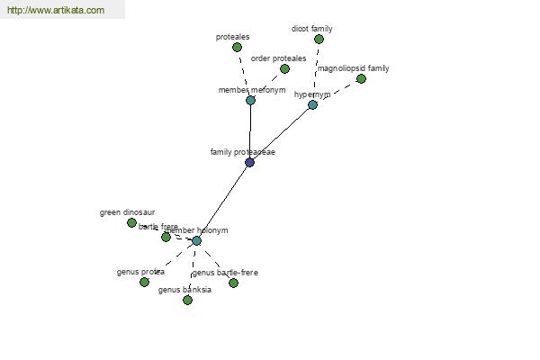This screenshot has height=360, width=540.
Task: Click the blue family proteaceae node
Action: pos(249,162)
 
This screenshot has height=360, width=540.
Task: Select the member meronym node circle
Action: pos(250,100)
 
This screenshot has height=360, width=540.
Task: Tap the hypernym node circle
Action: pos(312,105)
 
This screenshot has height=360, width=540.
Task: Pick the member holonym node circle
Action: pos(196,240)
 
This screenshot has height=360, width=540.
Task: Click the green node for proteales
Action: pos(237,47)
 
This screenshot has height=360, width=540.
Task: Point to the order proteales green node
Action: pos(284,68)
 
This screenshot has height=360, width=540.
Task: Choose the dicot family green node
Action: pos(319,39)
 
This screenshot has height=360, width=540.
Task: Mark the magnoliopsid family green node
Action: pos(361,78)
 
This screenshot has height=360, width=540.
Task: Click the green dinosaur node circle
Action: pos(131,222)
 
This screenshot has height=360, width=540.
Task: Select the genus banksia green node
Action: pos(187,300)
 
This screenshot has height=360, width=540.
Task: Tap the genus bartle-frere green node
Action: pos(233,283)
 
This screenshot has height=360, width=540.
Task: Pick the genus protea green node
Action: pos(144,282)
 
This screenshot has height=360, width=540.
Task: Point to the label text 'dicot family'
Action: pos(311,29)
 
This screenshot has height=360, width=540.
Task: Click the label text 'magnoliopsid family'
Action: pos(354,68)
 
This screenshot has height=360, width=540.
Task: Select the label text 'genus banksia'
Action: pos(184,290)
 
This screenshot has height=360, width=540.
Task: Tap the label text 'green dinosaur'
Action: pos(127,213)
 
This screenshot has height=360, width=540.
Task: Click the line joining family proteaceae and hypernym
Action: pos(281,133)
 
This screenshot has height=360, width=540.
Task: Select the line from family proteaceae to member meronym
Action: pos(250,130)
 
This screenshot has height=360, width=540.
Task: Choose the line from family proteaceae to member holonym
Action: pos(223,201)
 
